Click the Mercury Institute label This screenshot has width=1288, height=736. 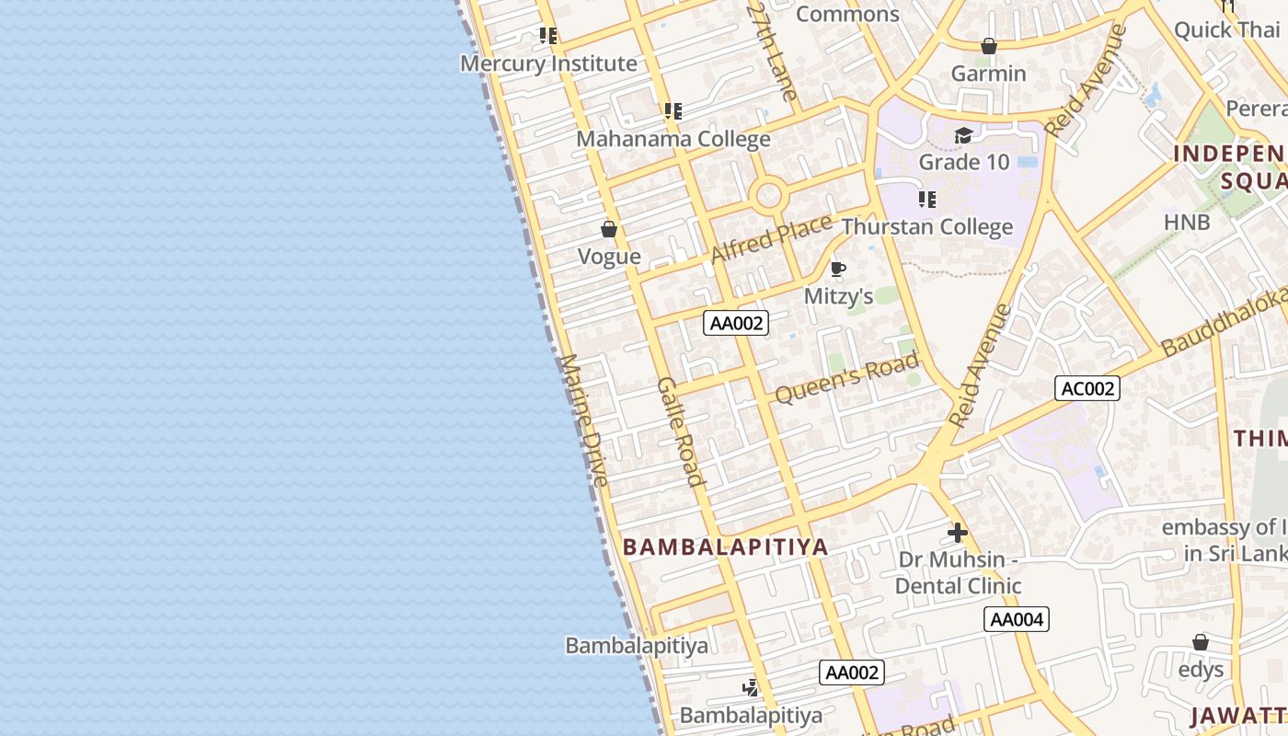548,63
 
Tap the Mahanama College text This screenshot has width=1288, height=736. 673,139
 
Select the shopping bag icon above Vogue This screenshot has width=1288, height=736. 609,229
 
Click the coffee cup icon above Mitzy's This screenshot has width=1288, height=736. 837,270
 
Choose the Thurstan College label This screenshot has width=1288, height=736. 926,226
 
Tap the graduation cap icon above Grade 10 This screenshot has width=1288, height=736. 963,136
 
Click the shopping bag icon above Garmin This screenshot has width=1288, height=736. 989,46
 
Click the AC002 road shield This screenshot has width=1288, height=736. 1087,388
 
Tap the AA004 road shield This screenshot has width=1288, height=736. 1017,619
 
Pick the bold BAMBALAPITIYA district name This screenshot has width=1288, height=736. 726,546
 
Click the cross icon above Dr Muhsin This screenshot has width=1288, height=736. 958,533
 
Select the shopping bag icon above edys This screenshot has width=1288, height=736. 1201,642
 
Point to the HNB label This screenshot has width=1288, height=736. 1187,222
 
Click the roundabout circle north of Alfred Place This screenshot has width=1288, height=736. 768,196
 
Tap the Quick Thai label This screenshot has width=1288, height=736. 1227,29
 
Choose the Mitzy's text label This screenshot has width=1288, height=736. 838,296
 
